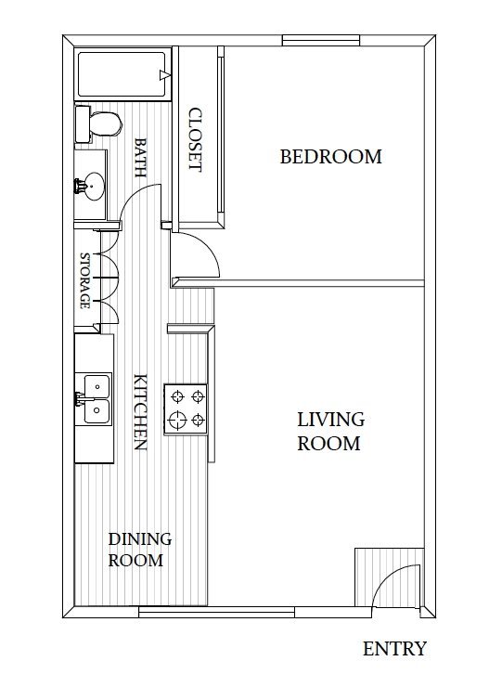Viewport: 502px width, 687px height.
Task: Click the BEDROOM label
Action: [x=330, y=157]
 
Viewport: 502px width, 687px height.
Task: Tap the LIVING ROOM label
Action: [x=328, y=432]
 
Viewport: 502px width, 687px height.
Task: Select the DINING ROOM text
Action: [x=140, y=550]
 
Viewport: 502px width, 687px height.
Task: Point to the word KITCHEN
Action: [x=141, y=411]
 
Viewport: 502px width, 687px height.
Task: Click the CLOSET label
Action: [x=195, y=139]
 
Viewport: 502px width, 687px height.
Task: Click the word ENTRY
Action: [x=394, y=649]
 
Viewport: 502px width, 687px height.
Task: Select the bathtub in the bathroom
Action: [x=123, y=74]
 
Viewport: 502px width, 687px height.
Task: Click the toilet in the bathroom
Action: [x=101, y=123]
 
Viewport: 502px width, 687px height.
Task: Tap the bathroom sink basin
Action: [x=91, y=185]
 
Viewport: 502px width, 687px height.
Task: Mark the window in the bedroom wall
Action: [x=320, y=39]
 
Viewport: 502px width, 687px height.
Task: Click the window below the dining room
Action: [x=215, y=611]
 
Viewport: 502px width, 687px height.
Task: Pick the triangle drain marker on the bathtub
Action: [x=163, y=74]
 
